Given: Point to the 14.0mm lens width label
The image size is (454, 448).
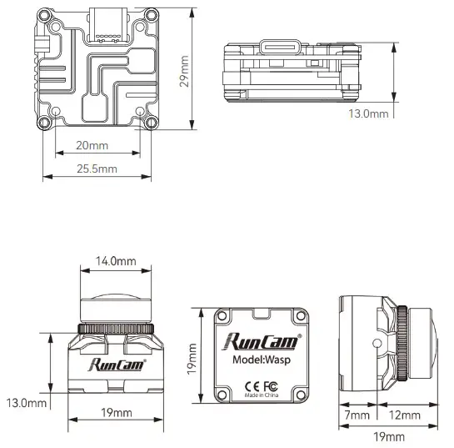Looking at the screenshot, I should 116,261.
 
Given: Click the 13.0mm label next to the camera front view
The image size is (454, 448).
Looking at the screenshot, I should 26,402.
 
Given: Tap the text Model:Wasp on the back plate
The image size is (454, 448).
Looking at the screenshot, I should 262,360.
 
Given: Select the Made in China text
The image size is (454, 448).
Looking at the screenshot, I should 262,395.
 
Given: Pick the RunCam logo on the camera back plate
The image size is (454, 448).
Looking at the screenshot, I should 261,340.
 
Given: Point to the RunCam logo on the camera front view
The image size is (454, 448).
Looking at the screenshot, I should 116,364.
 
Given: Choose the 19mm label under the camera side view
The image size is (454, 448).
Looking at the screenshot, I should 389,436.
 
